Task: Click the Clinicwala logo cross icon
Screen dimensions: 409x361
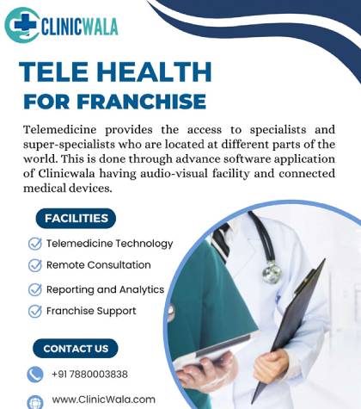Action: point(21,26)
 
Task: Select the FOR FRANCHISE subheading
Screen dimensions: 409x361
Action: point(114,101)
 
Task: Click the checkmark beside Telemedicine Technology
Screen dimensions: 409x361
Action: point(35,244)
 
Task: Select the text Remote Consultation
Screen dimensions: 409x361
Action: point(98,265)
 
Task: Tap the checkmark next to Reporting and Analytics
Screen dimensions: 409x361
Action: point(35,290)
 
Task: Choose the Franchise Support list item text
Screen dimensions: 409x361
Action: point(91,311)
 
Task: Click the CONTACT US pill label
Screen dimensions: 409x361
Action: point(76,349)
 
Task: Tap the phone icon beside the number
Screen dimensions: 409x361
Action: point(35,375)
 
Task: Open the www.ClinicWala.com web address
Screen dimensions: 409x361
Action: point(103,400)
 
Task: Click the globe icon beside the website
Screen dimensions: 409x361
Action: point(35,401)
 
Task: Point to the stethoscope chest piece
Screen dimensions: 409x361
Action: point(272,273)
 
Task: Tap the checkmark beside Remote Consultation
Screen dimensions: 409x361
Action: point(35,266)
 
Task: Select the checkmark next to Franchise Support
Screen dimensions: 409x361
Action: point(35,311)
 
